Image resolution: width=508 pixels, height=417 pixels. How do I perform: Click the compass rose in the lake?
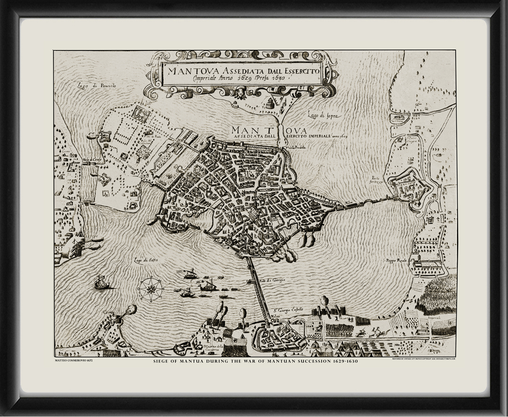151,289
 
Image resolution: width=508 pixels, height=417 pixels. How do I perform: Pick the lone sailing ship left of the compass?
102,282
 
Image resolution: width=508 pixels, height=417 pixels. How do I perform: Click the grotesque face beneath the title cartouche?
240,95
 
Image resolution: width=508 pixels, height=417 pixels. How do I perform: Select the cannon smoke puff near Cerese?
130,310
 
